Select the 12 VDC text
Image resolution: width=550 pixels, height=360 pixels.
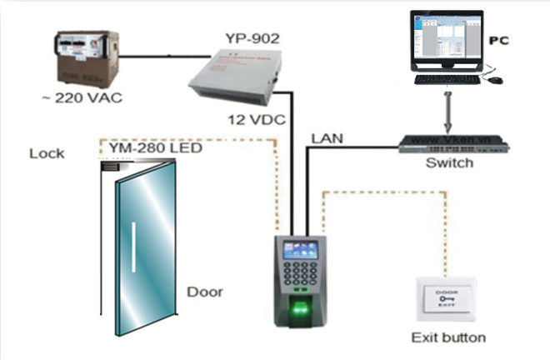[255, 120]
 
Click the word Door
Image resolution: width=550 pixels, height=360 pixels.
[205, 292]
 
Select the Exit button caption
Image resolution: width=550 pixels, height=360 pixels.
[449, 337]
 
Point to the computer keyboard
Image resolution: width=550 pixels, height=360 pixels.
[448, 80]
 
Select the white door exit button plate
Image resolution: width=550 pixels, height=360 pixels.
[449, 299]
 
